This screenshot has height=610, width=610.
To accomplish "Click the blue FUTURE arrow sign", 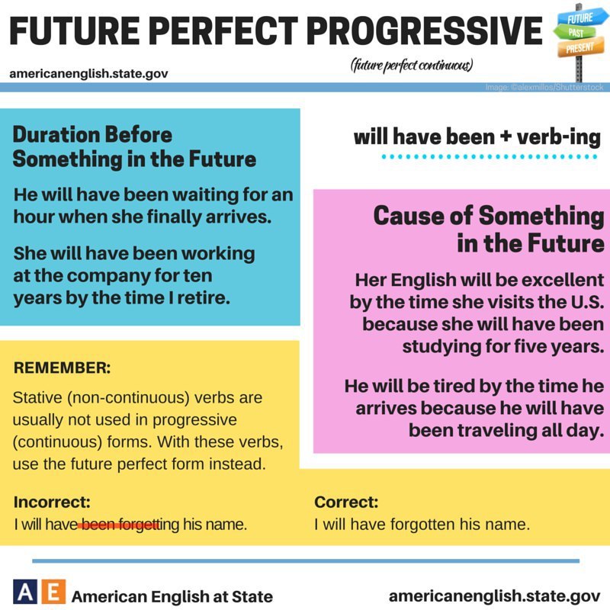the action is pos(581,18).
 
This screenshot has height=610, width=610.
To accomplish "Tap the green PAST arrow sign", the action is pos(575,32).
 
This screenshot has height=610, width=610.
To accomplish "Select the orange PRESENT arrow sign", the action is pos(580,47).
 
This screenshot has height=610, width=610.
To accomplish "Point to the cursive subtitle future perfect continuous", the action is pos(412,66).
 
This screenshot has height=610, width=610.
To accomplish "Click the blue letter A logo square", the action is pos(25,592).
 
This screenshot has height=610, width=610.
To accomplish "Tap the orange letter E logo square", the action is pos(53,592).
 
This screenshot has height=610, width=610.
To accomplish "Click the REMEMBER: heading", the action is pos(62,368).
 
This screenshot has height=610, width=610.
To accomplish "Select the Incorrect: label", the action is pos(52,502).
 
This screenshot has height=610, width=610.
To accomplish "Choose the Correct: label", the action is pos(346,502).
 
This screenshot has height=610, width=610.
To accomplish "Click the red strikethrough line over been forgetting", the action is pos(119,525).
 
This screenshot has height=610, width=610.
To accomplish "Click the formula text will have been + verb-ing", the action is pos(477,137).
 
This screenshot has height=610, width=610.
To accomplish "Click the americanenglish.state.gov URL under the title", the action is pos(88,73).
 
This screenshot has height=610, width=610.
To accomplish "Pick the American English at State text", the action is pos(172,596).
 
